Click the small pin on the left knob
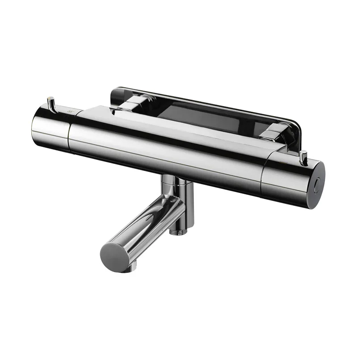pos(52,102)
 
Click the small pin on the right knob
pos(303,156)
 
